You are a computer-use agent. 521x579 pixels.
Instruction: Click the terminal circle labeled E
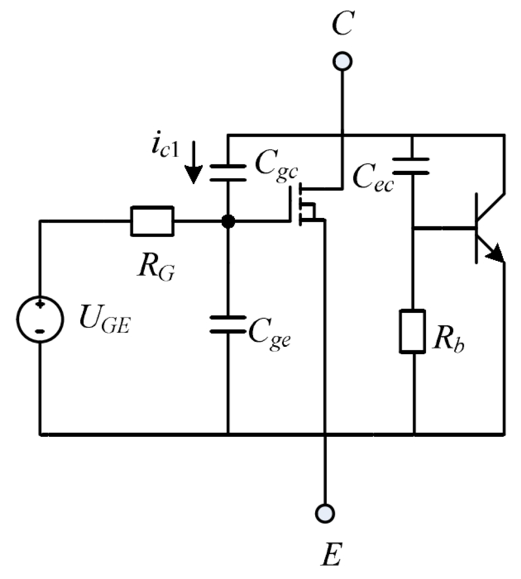point(324,512)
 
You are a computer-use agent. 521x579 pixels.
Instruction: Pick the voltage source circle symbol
point(40,319)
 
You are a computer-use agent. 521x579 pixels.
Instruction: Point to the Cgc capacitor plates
point(228,172)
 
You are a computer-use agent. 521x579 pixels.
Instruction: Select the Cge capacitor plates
point(228,324)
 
